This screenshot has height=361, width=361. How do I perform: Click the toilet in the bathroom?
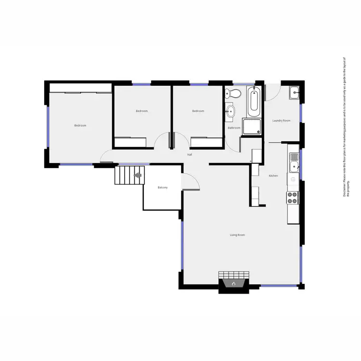coord(232,93)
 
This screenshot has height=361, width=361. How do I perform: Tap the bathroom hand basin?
coord(231,112)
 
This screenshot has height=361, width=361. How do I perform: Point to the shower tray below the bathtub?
coord(253,127)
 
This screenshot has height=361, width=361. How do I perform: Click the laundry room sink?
coord(295,92)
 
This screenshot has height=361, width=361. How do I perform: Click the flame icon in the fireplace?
coord(234,284)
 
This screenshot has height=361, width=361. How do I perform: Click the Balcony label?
coord(163,187)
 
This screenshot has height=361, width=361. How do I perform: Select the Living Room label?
coord(237,235)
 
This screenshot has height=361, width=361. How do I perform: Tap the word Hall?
coord(190,155)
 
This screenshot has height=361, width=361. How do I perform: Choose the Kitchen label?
coord(273,176)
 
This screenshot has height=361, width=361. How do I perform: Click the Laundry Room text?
coord(281,120)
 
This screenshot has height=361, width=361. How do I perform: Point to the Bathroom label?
coord(234,128)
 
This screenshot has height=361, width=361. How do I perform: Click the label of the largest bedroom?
coord(80,126)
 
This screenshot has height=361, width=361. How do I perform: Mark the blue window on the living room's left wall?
coord(182,246)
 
